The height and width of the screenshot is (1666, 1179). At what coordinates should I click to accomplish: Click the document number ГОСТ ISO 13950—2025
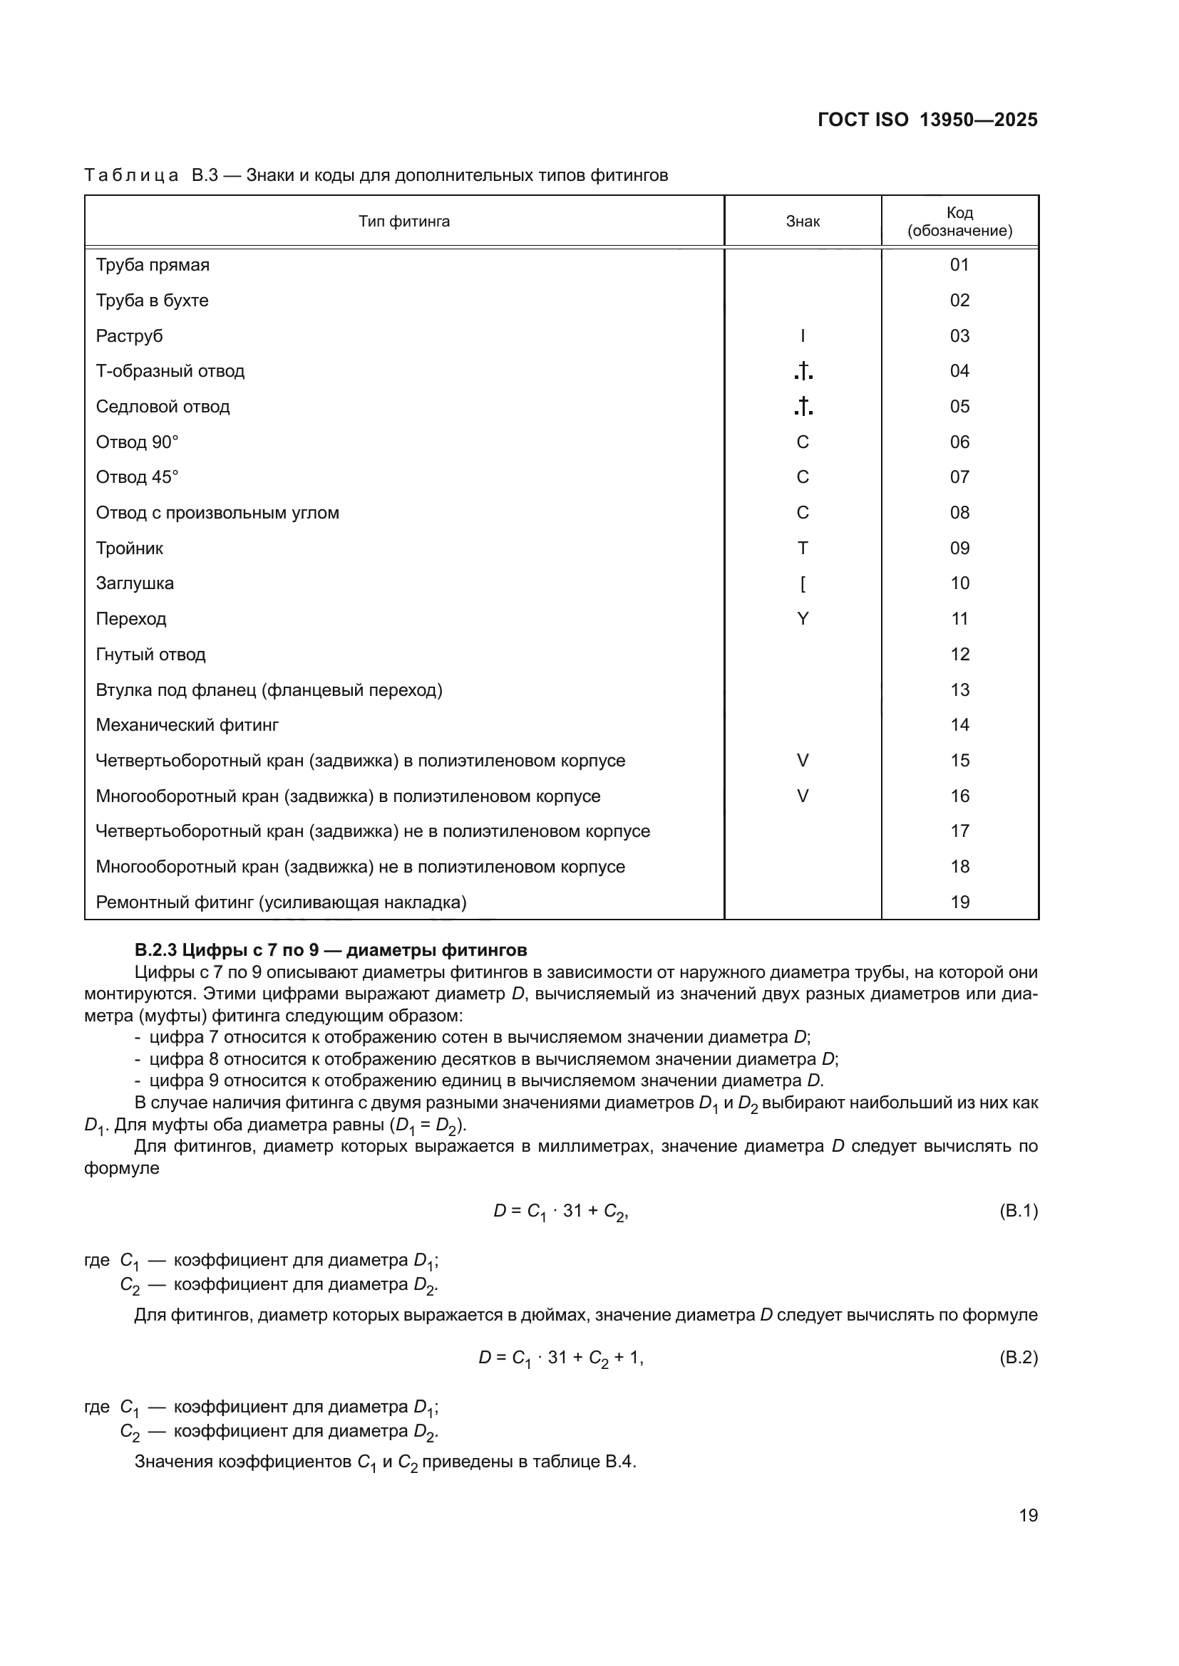point(927,120)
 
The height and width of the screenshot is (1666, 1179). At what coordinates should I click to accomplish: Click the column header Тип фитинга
point(403,222)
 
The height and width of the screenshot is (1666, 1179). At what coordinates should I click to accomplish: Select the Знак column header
point(802,222)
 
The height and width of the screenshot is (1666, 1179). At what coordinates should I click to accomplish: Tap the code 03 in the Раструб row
point(959,336)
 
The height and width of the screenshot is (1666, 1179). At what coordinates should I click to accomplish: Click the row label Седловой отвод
point(163,406)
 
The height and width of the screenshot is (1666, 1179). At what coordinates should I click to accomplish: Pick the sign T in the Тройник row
point(802,548)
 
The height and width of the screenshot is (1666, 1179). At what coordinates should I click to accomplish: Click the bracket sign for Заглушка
point(802,583)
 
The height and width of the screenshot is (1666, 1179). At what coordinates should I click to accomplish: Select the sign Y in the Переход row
point(802,619)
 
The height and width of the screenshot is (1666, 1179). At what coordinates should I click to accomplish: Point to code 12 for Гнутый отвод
point(959,655)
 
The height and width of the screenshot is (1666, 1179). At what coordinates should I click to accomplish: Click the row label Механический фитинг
point(187,725)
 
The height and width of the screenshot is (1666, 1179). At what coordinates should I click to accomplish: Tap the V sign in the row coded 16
point(802,796)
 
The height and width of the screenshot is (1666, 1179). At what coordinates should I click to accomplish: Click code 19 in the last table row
point(959,902)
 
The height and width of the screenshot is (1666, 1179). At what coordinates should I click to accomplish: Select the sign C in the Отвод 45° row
point(802,477)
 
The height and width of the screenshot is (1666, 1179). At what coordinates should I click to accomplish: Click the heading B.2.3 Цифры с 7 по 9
point(330,950)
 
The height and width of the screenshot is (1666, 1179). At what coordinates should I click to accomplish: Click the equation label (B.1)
point(1018,1210)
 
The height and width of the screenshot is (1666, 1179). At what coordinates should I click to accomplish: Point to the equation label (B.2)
point(1018,1357)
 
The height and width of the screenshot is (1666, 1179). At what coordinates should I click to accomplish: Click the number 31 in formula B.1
point(572,1210)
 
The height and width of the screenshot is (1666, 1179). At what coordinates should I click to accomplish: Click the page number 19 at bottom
point(1028,1515)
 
